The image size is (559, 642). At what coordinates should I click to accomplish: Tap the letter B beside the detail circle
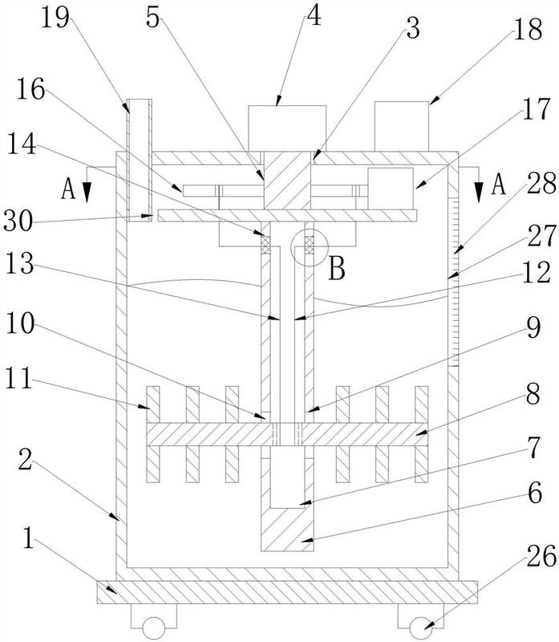click(338, 269)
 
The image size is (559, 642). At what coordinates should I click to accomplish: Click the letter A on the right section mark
click(498, 185)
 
